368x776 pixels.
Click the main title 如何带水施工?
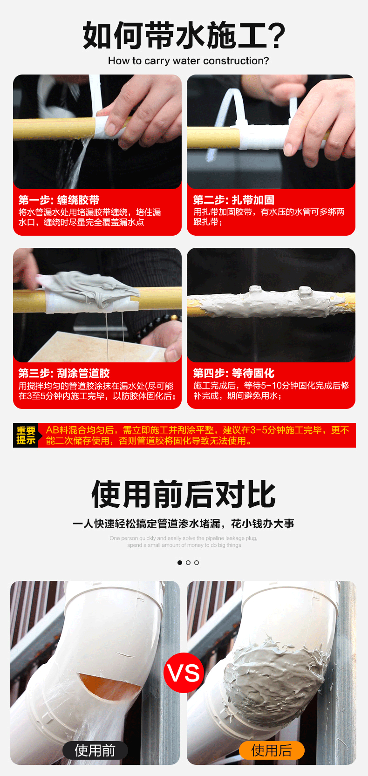(x=184, y=35)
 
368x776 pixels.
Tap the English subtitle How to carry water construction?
(x=188, y=61)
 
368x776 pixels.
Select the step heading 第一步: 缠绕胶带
(x=59, y=200)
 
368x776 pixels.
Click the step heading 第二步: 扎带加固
(x=233, y=200)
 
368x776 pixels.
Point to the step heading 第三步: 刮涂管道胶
(x=64, y=373)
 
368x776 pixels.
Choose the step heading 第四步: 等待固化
(x=233, y=373)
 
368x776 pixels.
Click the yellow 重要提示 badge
(x=26, y=436)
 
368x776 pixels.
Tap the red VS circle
(x=184, y=673)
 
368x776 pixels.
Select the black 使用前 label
(x=95, y=750)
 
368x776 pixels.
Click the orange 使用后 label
(x=271, y=750)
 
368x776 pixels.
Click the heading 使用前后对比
(x=184, y=495)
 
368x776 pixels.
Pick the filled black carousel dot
(x=180, y=563)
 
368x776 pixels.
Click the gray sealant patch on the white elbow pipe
(x=273, y=671)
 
